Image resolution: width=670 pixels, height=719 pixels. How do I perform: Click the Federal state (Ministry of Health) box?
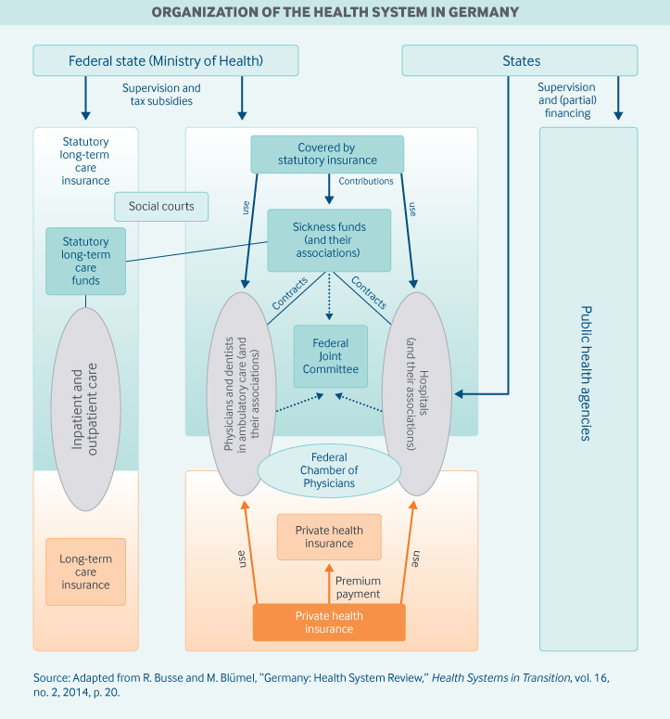click(166, 61)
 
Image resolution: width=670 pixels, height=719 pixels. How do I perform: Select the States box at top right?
click(520, 61)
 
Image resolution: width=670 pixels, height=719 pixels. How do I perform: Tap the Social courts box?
click(161, 206)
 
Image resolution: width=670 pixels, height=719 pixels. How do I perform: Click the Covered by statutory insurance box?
click(327, 154)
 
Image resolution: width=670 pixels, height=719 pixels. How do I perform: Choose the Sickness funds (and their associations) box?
click(329, 239)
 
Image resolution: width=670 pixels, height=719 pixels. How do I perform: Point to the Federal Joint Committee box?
click(330, 356)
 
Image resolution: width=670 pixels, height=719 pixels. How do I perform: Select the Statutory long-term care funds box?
click(85, 262)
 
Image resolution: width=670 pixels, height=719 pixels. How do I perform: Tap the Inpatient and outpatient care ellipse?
click(85, 409)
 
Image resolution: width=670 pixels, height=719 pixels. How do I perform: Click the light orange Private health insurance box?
click(329, 537)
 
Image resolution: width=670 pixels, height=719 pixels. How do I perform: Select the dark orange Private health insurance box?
click(329, 623)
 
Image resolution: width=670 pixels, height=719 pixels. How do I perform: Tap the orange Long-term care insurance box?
click(85, 572)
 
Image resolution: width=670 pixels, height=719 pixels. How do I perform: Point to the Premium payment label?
click(358, 587)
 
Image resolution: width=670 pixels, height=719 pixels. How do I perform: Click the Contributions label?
click(366, 182)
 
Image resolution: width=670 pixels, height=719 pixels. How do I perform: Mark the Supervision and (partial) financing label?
click(567, 100)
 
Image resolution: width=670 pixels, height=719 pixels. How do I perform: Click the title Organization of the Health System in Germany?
click(335, 12)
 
